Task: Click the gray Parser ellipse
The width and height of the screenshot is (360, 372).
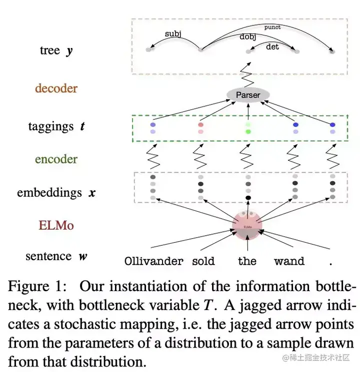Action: click(248, 95)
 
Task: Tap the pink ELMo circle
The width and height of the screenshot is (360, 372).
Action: click(247, 227)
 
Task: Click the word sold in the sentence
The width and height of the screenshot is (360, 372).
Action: click(203, 261)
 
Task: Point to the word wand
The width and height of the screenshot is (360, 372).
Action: click(289, 261)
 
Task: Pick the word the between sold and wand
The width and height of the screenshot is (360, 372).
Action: click(247, 261)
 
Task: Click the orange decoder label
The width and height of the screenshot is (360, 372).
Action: click(56, 88)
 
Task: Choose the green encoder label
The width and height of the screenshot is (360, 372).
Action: click(56, 159)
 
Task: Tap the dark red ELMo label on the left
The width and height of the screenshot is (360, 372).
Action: click(56, 225)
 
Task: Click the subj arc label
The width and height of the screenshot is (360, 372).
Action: click(172, 34)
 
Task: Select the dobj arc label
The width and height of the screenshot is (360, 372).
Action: click(248, 37)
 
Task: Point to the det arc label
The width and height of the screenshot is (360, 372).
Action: click(272, 46)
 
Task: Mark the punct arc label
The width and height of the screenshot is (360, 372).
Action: click(272, 27)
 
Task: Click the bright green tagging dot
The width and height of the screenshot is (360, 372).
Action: click(248, 132)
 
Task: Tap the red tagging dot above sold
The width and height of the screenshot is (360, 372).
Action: click(201, 124)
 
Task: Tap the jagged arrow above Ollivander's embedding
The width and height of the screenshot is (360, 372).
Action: click(153, 156)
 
